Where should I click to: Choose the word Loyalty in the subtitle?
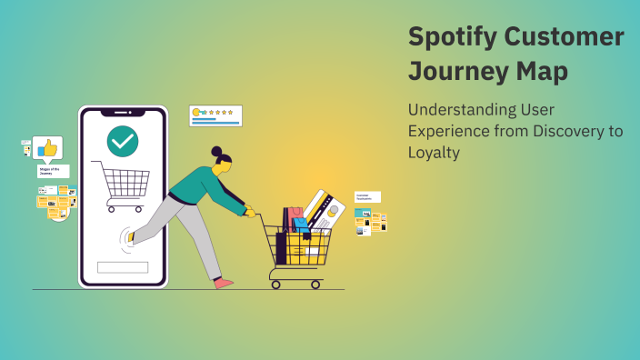click(434, 153)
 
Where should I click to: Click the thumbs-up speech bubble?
click(47, 148)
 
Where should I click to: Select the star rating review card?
click(215, 115)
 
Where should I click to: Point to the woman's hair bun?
click(216, 151)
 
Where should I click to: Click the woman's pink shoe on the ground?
click(223, 284)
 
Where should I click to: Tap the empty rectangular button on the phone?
click(123, 267)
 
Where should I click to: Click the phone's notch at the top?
click(123, 112)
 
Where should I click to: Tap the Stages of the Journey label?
click(51, 171)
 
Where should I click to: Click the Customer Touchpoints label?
click(366, 196)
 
